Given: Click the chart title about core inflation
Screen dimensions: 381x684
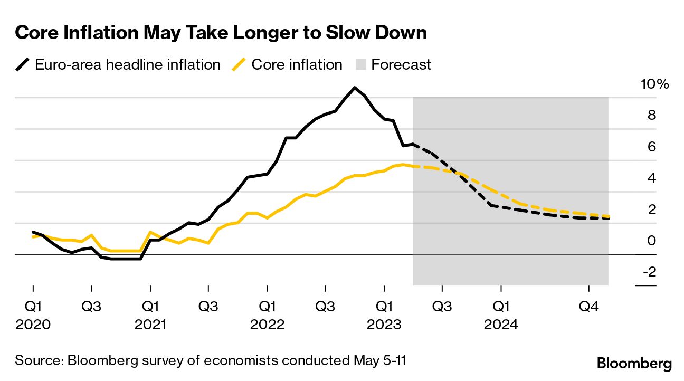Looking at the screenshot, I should pos(221,33).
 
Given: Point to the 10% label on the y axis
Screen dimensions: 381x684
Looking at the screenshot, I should pos(654,84).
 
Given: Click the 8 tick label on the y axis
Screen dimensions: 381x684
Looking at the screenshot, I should pos(652,115).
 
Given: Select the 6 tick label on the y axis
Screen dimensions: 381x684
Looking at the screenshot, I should pos(652,147).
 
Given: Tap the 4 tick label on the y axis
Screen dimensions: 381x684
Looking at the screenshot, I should pos(652,178).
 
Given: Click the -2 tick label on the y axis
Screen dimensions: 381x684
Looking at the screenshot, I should pos(650,272).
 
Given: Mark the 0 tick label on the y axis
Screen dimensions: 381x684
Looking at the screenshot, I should pos(652,241).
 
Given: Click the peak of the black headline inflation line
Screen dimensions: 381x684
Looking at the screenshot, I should pos(355,88).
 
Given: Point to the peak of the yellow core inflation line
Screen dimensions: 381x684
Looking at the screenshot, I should pos(403,165).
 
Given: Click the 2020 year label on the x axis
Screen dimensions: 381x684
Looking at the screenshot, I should pos(33,323).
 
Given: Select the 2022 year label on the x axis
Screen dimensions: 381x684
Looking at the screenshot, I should pos(268,323).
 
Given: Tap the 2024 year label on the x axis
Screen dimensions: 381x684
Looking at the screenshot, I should pos(501,323).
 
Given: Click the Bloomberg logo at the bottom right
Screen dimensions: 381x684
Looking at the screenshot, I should pos(634,364).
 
